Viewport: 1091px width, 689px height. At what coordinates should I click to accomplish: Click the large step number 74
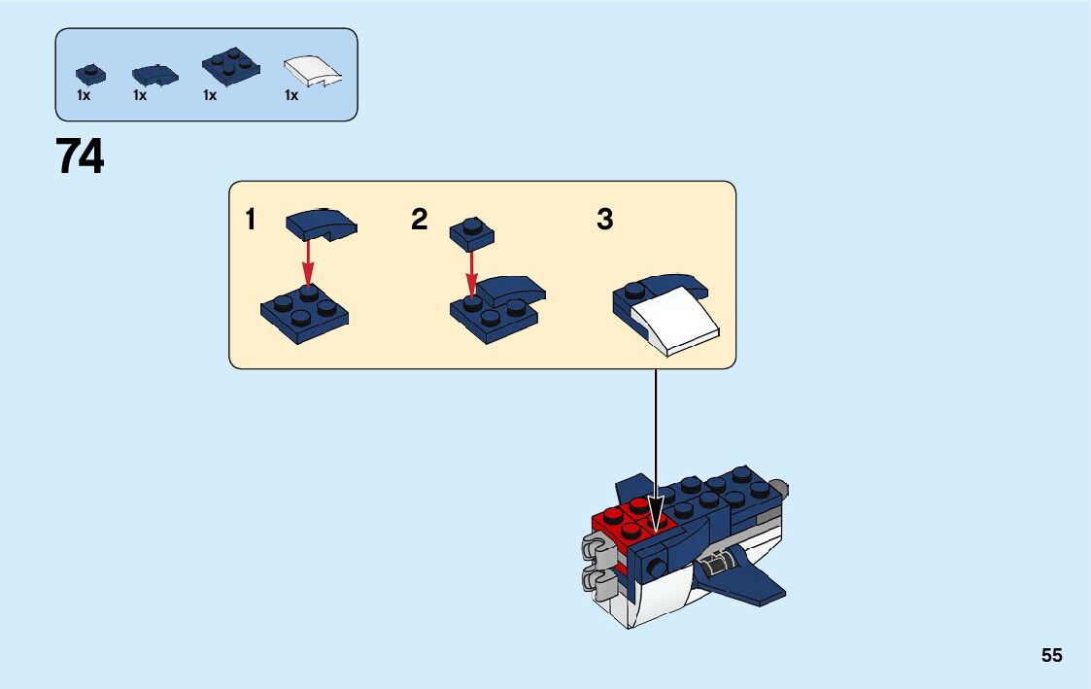(80, 157)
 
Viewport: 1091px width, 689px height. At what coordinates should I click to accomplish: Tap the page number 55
(1051, 656)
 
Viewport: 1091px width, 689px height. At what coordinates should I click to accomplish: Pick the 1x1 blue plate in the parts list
(90, 74)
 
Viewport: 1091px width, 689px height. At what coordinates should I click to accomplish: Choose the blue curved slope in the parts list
(154, 74)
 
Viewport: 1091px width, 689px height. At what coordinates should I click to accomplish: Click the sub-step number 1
(251, 221)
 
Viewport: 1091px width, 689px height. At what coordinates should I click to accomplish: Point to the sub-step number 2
(419, 221)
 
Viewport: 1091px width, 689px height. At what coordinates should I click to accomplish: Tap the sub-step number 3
(604, 221)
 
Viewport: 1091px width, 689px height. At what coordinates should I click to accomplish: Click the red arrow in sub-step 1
(308, 261)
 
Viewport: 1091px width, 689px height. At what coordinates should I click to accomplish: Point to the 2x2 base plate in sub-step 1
(304, 313)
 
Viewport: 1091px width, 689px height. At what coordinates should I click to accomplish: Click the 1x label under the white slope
(291, 96)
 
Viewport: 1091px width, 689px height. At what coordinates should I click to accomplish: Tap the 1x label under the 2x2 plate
(210, 96)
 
